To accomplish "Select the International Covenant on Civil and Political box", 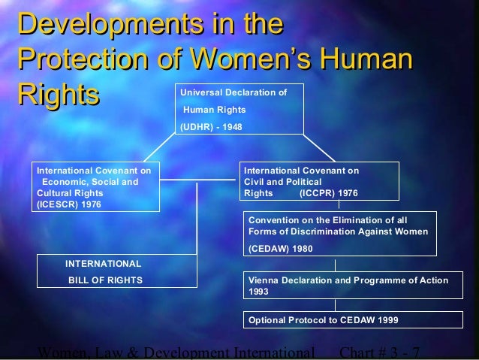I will [x=319, y=182].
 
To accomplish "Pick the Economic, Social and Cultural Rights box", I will [x=94, y=187].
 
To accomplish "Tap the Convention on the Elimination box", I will [x=338, y=234].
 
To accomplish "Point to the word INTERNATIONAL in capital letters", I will [x=103, y=264].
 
